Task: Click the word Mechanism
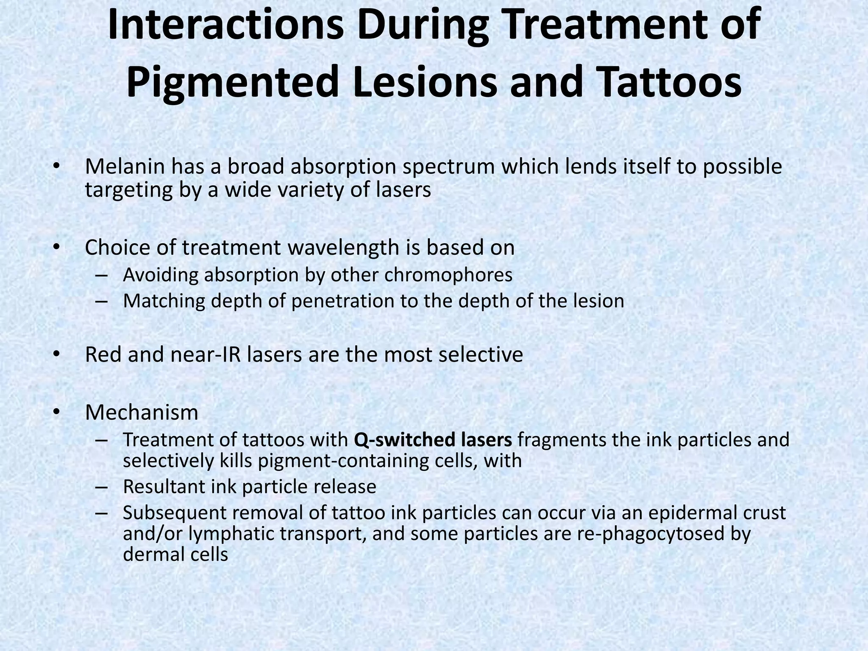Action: [x=142, y=412]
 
